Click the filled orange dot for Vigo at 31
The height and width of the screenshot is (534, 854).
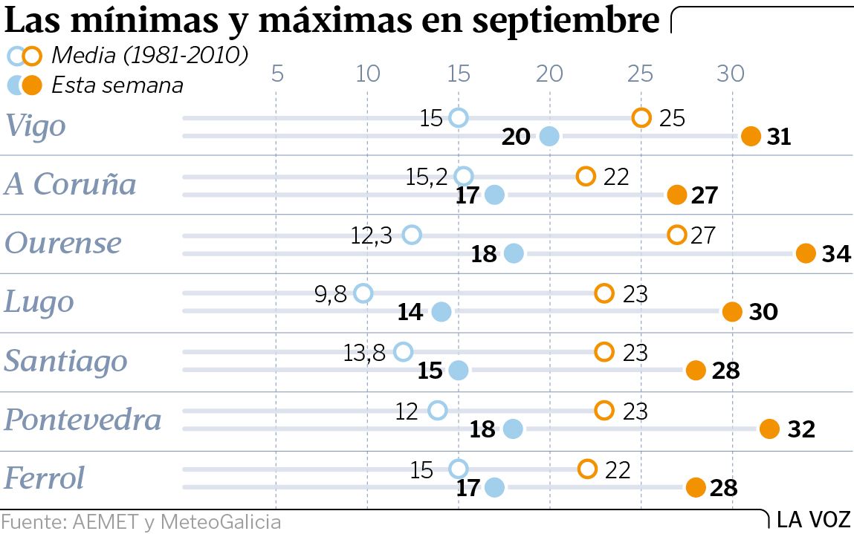751,137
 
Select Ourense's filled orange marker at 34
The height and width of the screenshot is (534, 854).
806,254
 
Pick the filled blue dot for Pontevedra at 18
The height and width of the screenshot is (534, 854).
513,429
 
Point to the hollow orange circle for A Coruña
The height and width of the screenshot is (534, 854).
586,176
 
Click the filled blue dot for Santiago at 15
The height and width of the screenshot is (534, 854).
459,371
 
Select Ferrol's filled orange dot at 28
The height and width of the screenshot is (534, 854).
696,488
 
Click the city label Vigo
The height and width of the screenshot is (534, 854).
36,126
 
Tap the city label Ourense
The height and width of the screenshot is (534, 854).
62,243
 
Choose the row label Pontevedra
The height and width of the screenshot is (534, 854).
83,420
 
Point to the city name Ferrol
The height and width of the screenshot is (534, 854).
45,478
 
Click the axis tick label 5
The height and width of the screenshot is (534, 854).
276,74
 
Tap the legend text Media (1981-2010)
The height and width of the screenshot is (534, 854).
149,55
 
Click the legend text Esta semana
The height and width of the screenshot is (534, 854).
117,85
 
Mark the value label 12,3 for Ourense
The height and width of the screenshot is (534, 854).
372,235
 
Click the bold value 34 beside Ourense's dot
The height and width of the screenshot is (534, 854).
836,254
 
